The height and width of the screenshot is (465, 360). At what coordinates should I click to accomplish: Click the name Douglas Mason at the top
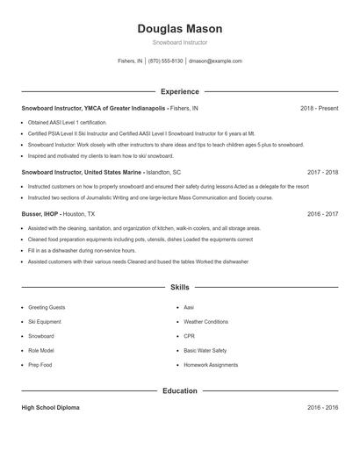pyautogui.click(x=180, y=29)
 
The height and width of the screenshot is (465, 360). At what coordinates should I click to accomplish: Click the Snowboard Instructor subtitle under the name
pyautogui.click(x=180, y=43)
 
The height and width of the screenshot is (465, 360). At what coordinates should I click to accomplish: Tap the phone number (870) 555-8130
pyautogui.click(x=166, y=61)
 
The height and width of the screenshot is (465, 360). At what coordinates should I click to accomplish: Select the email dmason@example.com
pyautogui.click(x=216, y=61)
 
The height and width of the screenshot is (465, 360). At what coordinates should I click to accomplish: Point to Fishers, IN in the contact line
pyautogui.click(x=129, y=61)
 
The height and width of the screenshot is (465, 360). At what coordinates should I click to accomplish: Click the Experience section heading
pyautogui.click(x=180, y=91)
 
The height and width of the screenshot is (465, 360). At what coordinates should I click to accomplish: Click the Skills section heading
pyautogui.click(x=180, y=287)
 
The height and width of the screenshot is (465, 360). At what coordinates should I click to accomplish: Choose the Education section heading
pyautogui.click(x=180, y=390)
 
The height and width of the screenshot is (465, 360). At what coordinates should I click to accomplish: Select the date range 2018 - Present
pyautogui.click(x=319, y=108)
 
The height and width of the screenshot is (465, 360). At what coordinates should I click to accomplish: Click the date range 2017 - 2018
pyautogui.click(x=322, y=173)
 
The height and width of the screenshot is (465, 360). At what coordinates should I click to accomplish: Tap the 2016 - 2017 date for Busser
pyautogui.click(x=322, y=213)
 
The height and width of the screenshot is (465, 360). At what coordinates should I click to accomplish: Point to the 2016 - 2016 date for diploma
pyautogui.click(x=322, y=408)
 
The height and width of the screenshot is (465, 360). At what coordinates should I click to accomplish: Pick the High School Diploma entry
pyautogui.click(x=52, y=408)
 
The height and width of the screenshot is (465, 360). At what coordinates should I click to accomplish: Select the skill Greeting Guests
pyautogui.click(x=47, y=308)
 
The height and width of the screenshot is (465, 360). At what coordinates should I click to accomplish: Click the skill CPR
pyautogui.click(x=189, y=336)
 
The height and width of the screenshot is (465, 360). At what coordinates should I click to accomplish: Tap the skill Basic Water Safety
pyautogui.click(x=205, y=350)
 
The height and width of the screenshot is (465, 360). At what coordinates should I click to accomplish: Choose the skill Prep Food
pyautogui.click(x=40, y=364)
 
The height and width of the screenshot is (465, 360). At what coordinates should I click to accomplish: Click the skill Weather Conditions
pyautogui.click(x=205, y=322)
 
